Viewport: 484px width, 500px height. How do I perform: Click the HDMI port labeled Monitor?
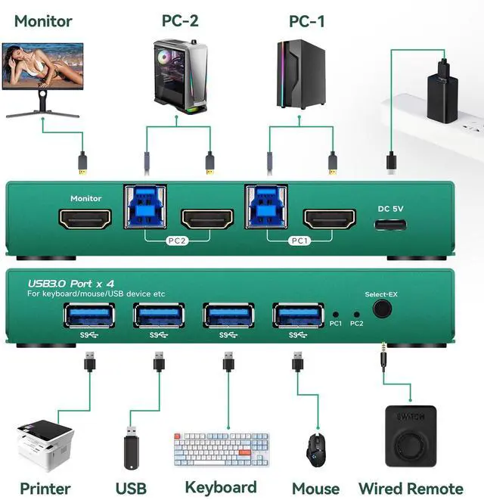(x=85, y=219)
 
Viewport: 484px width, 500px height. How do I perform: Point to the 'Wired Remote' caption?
(x=411, y=489)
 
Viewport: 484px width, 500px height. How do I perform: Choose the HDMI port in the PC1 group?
(x=329, y=219)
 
